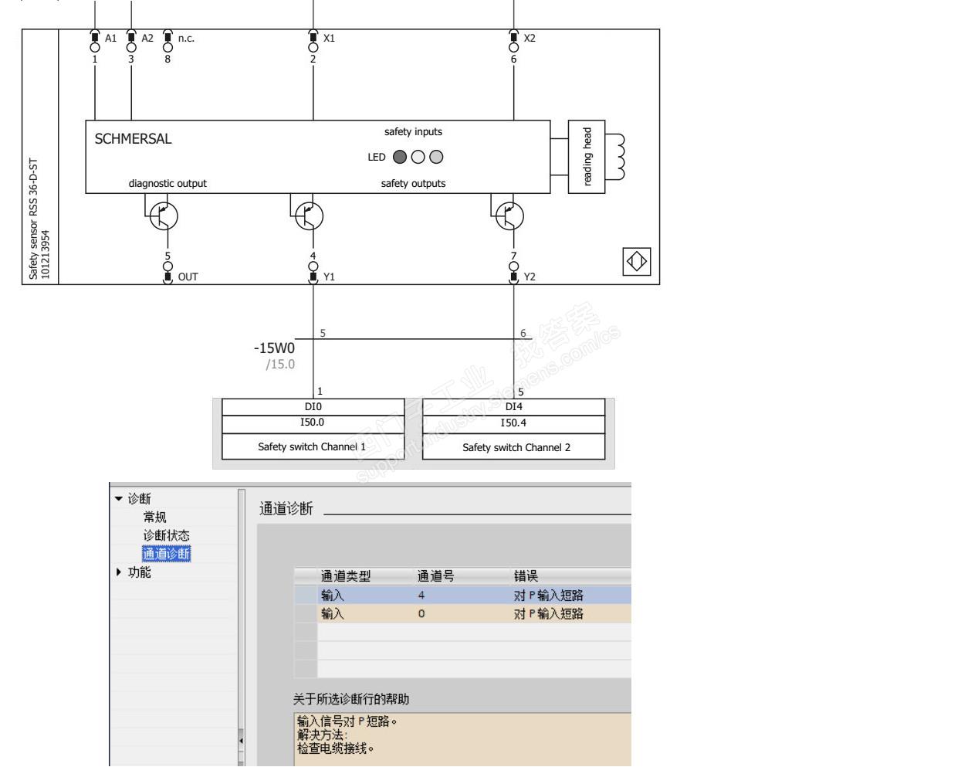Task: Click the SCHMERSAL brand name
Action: pyautogui.click(x=133, y=138)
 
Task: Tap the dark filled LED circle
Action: pyautogui.click(x=400, y=157)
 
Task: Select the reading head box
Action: pyautogui.click(x=587, y=157)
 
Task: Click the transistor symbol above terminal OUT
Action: pyautogui.click(x=164, y=216)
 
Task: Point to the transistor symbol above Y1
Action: pyautogui.click(x=310, y=216)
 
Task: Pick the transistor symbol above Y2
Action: pyautogui.click(x=510, y=216)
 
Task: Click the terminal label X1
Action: pyautogui.click(x=329, y=39)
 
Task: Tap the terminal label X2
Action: pyautogui.click(x=530, y=39)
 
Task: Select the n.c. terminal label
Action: pyautogui.click(x=186, y=39)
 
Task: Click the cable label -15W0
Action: pyautogui.click(x=274, y=348)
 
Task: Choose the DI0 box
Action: pyautogui.click(x=313, y=407)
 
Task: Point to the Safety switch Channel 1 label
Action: pyautogui.click(x=312, y=447)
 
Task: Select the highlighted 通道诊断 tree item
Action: pyautogui.click(x=166, y=554)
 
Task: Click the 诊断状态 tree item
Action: pyautogui.click(x=166, y=535)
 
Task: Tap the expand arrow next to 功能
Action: pyautogui.click(x=118, y=572)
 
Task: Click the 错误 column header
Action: pyautogui.click(x=526, y=576)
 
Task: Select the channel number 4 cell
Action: pyautogui.click(x=421, y=596)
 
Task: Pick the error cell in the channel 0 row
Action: pyautogui.click(x=549, y=614)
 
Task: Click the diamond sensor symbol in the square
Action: pyautogui.click(x=637, y=262)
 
